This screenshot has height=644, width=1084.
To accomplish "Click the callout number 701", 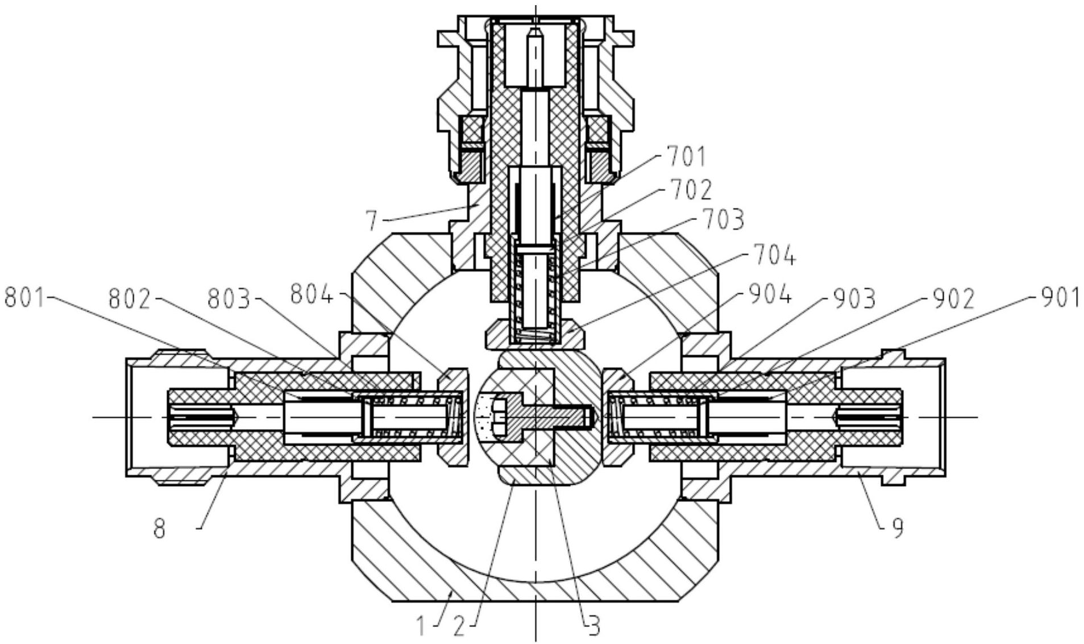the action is pyautogui.click(x=686, y=157).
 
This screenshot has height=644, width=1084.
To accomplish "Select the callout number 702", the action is pyautogui.click(x=691, y=190).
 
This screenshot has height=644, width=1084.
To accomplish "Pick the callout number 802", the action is pyautogui.click(x=130, y=299).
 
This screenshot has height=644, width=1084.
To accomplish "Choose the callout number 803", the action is pyautogui.click(x=229, y=299).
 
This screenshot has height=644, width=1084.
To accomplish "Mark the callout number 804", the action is pyautogui.click(x=312, y=295).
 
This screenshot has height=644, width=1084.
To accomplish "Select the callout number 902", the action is pyautogui.click(x=954, y=298).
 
